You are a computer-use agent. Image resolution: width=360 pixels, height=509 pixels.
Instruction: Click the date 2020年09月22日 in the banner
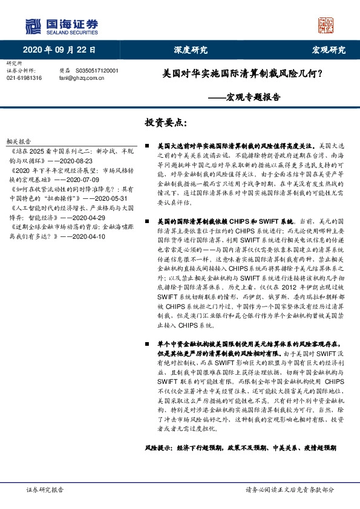(x=59, y=50)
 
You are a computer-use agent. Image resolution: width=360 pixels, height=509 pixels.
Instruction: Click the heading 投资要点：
(x=165, y=123)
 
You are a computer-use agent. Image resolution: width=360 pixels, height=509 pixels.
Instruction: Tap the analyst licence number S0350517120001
(x=97, y=71)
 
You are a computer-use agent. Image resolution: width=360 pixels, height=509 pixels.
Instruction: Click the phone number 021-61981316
(x=24, y=78)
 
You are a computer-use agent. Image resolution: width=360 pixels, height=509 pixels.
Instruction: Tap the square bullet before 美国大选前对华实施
(x=148, y=146)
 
